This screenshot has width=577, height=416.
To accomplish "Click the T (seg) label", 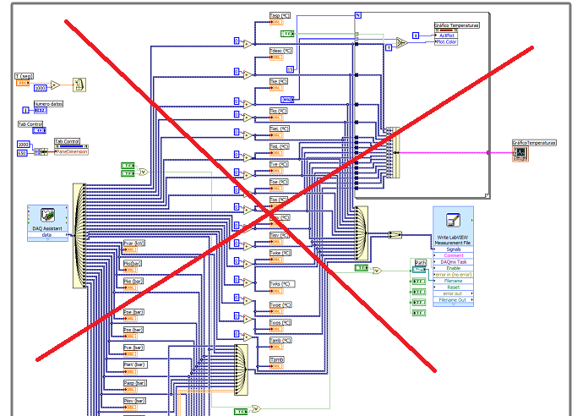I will click(x=25, y=77).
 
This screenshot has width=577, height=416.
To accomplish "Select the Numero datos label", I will click(x=48, y=103).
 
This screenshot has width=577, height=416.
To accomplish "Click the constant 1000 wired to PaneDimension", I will click(x=23, y=145).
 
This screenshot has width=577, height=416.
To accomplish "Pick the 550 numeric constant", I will click(x=23, y=152).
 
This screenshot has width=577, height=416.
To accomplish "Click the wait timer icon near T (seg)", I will click(x=78, y=85).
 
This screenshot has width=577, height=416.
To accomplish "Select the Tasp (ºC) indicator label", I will click(x=280, y=15).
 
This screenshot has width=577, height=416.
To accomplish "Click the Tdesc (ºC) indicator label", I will click(x=280, y=52).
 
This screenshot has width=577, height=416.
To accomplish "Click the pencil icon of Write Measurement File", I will click(x=453, y=221).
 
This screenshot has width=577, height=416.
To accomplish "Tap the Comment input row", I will click(x=454, y=256).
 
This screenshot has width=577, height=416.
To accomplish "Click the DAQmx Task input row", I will click(x=454, y=263).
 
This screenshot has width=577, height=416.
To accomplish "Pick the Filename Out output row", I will click(x=454, y=300).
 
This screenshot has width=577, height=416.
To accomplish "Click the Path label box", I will click(x=420, y=262).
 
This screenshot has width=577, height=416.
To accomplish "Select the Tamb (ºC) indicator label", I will click(x=280, y=340).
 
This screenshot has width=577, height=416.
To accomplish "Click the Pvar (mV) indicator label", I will click(x=134, y=243).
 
